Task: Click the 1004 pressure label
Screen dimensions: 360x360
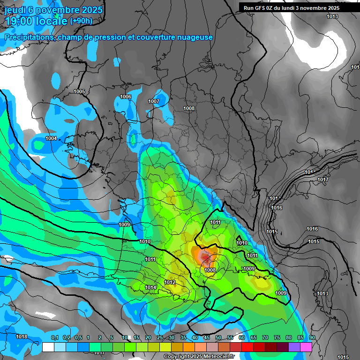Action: [51, 138]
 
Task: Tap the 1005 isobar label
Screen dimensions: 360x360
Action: [79, 91]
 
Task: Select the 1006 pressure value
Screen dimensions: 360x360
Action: [126, 97]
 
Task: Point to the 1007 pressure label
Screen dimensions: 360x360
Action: [154, 101]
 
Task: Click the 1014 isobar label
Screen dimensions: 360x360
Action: [150, 287]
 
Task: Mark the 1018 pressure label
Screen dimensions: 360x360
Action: [22, 337]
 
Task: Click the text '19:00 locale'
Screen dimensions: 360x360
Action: [37, 21]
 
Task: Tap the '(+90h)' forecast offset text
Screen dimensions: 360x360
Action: [81, 21]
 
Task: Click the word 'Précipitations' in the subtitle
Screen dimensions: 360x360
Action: [28, 37]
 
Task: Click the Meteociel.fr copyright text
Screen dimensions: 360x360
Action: [199, 357]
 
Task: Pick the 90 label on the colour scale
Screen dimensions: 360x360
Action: [312, 337]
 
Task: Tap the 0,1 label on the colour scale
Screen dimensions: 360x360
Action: [55, 337]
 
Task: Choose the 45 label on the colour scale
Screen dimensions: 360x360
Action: [207, 337]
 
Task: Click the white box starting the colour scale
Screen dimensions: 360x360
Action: [48, 347]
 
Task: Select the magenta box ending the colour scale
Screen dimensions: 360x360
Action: [307, 347]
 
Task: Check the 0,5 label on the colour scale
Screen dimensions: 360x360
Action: [78, 337]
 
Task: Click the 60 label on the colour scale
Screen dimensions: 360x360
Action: [242, 337]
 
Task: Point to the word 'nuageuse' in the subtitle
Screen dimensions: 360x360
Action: [194, 37]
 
